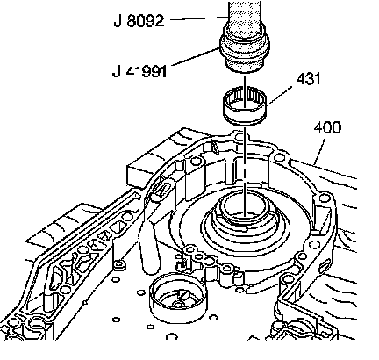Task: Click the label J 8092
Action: (x=139, y=21)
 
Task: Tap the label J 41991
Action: (x=139, y=71)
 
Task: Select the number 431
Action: (x=308, y=79)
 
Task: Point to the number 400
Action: (x=327, y=127)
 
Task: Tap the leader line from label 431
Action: (x=279, y=96)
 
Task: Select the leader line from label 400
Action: (x=319, y=152)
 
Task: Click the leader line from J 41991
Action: (x=196, y=57)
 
